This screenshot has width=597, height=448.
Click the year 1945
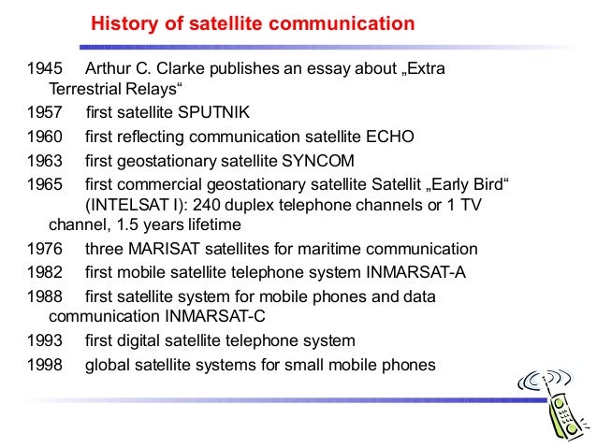pos(46,70)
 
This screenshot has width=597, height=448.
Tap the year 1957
pos(46,112)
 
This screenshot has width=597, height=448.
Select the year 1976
pos(46,249)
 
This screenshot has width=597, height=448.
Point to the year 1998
pos(46,365)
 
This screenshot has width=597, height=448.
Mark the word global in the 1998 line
pos(107,365)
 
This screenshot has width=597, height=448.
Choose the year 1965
pos(46,183)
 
